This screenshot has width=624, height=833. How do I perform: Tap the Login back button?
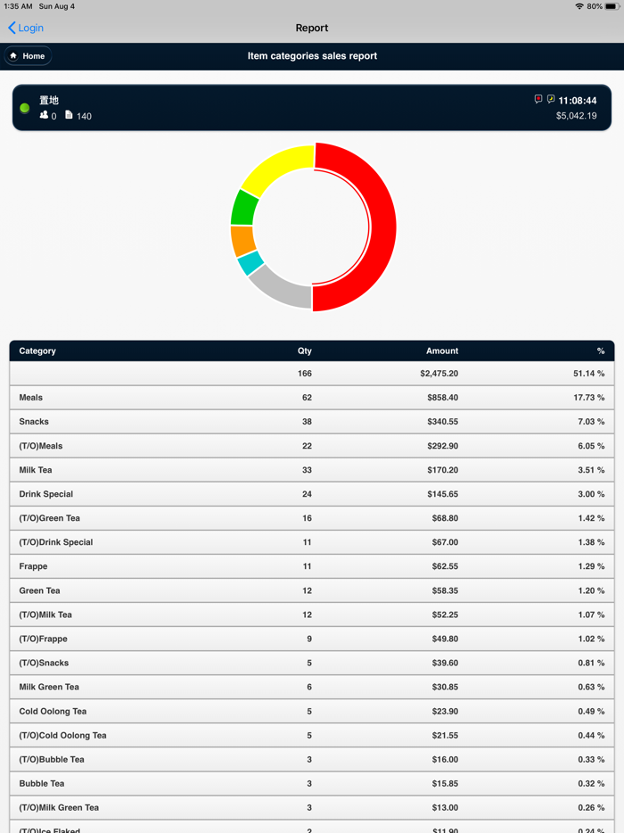tap(26, 28)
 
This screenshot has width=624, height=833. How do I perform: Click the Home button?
tap(28, 56)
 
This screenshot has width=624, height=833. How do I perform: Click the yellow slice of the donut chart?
tap(274, 169)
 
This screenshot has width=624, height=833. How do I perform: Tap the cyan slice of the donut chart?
tap(250, 263)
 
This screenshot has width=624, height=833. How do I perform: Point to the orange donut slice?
tap(242, 240)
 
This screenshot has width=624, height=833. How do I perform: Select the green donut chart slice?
tap(244, 208)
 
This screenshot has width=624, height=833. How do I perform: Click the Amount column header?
tap(441, 351)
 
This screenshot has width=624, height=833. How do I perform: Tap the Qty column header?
tap(304, 351)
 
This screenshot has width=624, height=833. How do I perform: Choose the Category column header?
tap(37, 351)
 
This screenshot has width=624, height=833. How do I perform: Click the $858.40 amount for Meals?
tap(442, 398)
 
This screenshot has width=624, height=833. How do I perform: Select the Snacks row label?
tap(34, 422)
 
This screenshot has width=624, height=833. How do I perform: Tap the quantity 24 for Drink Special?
tap(306, 494)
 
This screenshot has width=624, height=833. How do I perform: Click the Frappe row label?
tap(33, 566)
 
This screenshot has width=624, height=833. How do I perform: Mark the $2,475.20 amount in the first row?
tap(439, 374)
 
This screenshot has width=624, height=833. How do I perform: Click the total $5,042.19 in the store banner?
tap(576, 116)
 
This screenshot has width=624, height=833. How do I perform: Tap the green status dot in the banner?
tap(25, 108)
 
